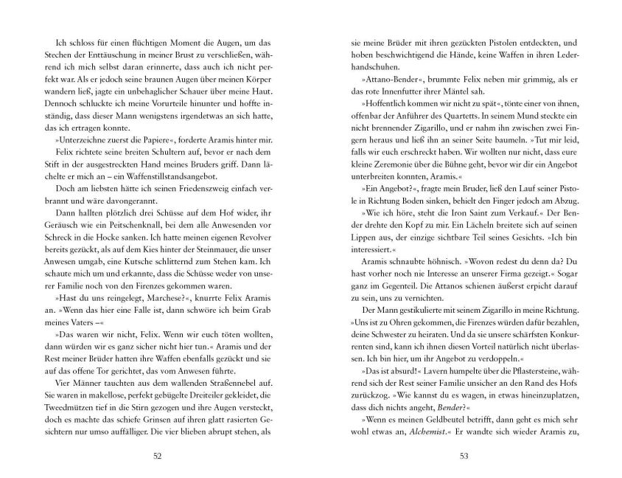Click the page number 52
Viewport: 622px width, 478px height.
pos(156,455)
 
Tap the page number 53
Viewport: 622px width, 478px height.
pos(464,455)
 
